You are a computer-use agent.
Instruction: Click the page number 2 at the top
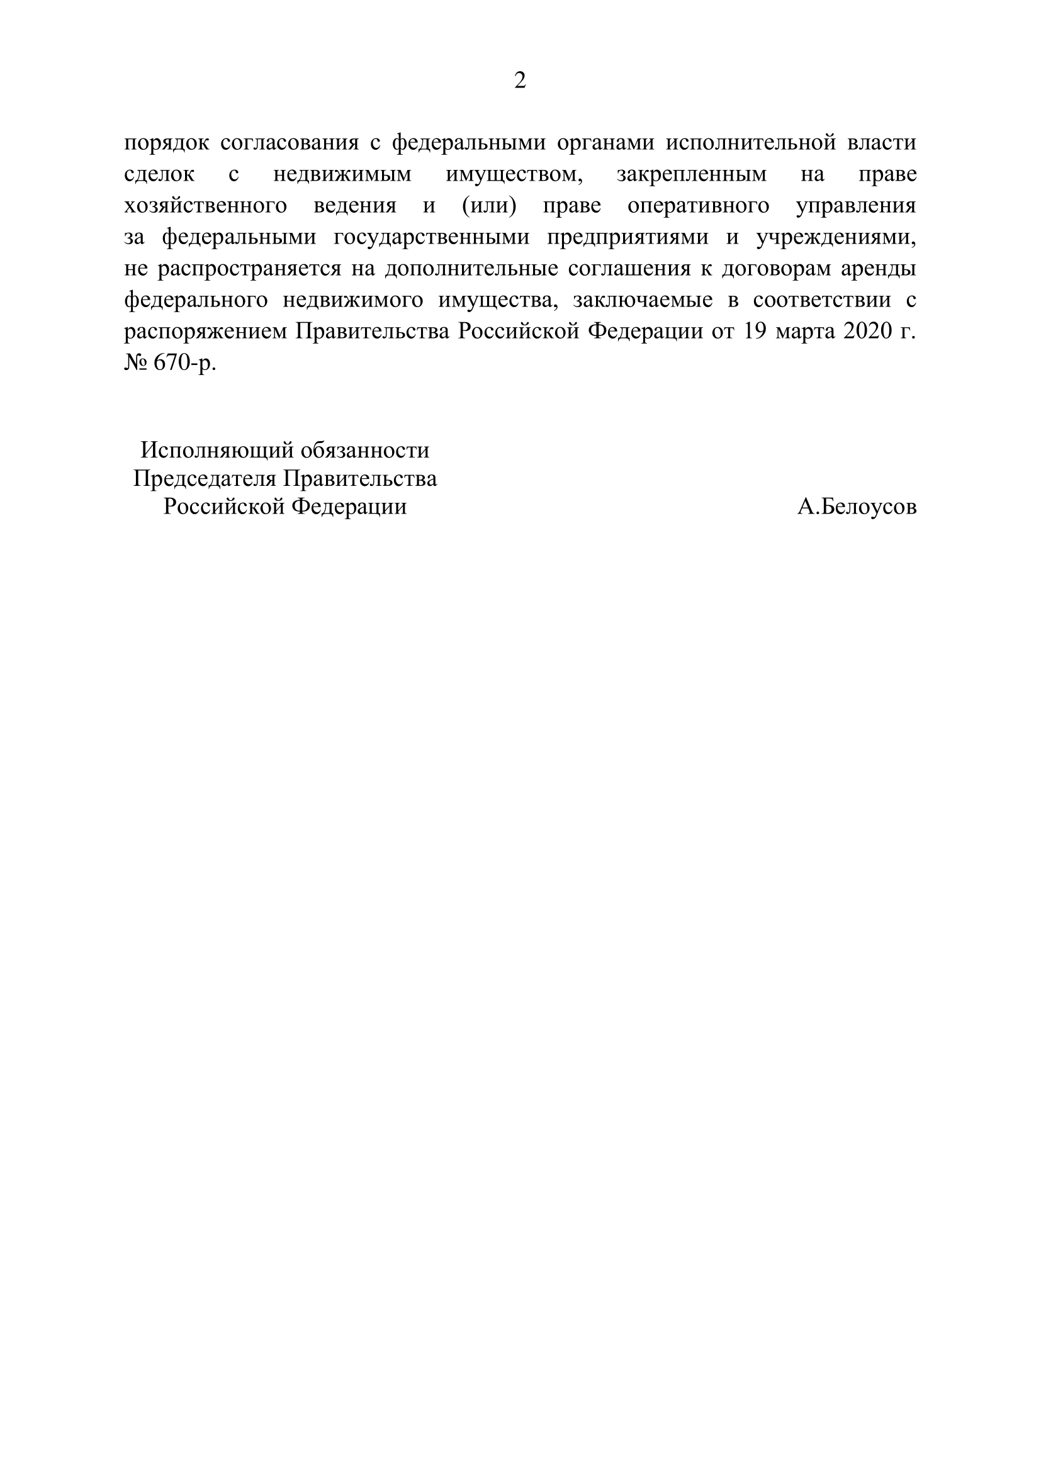pos(520,81)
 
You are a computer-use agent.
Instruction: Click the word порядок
pos(167,143)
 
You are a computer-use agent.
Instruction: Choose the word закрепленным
pos(692,174)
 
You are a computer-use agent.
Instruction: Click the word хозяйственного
pos(205,206)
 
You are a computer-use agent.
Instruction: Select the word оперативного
pos(699,206)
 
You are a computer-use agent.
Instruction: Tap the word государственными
pos(431,237)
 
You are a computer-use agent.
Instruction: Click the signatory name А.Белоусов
pos(857,507)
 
